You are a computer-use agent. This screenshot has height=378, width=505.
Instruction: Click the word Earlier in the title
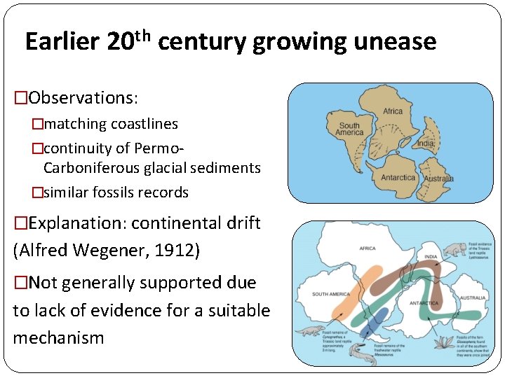pyautogui.click(x=63, y=43)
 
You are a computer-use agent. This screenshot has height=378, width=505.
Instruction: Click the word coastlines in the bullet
pyautogui.click(x=143, y=124)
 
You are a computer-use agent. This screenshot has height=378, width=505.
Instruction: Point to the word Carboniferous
pyautogui.click(x=86, y=168)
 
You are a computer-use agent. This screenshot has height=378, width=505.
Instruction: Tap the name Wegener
pyautogui.click(x=110, y=251)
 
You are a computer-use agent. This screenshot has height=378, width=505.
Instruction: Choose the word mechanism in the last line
pyautogui.click(x=58, y=337)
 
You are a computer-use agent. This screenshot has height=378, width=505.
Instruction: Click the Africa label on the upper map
pyautogui.click(x=392, y=111)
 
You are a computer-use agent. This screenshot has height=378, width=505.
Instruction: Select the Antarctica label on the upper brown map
pyautogui.click(x=398, y=178)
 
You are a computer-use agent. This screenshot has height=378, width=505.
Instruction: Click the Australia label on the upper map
pyautogui.click(x=438, y=178)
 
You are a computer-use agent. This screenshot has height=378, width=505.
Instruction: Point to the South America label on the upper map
pyautogui.click(x=349, y=129)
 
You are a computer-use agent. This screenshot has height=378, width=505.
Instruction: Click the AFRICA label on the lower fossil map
pyautogui.click(x=368, y=248)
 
